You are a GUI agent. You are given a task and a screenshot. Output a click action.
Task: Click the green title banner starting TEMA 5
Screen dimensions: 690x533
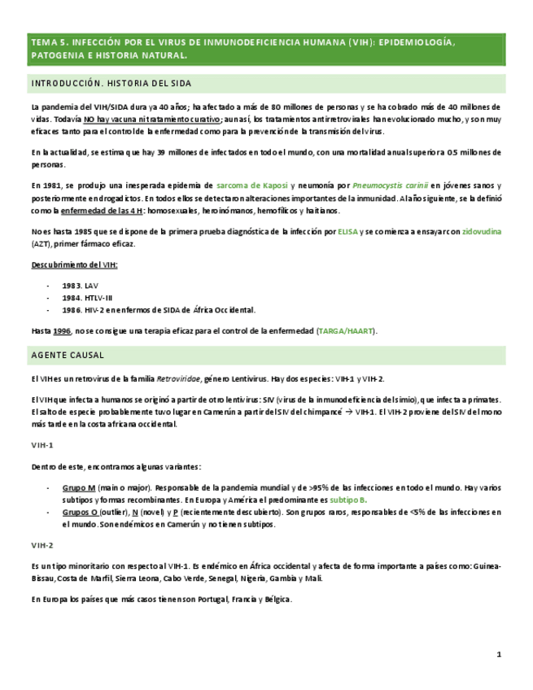coord(266,49)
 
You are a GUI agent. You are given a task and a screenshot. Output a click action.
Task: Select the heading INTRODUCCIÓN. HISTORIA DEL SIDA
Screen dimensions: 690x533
coord(111,83)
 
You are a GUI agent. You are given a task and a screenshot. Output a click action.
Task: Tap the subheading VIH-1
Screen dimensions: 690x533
coord(42,445)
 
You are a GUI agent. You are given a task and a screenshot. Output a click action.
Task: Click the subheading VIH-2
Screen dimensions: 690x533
coord(42,544)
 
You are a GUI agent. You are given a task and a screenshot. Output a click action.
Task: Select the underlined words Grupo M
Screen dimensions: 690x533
coord(79,487)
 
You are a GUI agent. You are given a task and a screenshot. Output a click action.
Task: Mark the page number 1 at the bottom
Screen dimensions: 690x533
coord(499,654)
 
